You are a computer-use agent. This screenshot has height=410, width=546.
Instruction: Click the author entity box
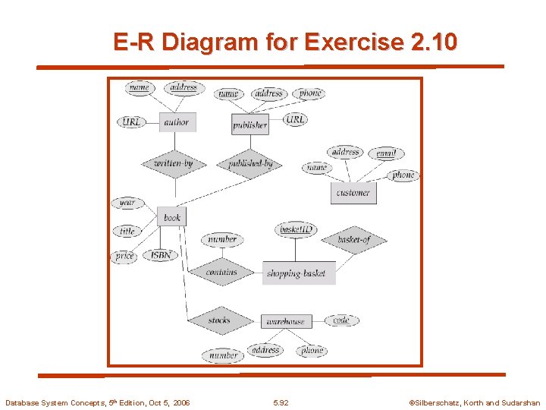coord(177,121)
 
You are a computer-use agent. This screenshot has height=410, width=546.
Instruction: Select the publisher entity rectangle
coord(250,125)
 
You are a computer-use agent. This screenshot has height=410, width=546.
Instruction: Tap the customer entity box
coord(353,193)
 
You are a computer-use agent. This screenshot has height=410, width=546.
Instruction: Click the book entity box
coord(172,217)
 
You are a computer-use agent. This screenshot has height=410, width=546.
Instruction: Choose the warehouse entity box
coord(286,321)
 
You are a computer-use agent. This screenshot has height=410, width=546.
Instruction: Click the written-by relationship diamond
coord(174,163)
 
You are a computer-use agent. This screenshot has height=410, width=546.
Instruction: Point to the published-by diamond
coord(250,163)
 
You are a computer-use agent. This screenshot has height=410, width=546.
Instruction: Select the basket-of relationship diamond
coord(353,240)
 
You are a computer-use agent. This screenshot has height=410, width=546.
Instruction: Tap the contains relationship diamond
coord(221,272)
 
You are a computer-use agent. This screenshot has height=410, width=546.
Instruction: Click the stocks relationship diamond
coord(219,320)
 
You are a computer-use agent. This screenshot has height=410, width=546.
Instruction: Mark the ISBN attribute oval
coord(161,256)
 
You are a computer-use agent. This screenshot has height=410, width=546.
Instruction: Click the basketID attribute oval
coord(297,229)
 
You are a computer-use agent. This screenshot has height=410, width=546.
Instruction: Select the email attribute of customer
coord(386,153)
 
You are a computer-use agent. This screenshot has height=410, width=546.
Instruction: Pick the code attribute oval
coord(341,320)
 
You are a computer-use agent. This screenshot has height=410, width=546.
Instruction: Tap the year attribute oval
coord(127,203)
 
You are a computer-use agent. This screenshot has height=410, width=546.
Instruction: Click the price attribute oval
coord(125,257)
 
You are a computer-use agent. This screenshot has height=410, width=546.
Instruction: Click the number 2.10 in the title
coord(433,42)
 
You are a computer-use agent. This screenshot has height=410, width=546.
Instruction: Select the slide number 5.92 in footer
coord(281,402)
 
